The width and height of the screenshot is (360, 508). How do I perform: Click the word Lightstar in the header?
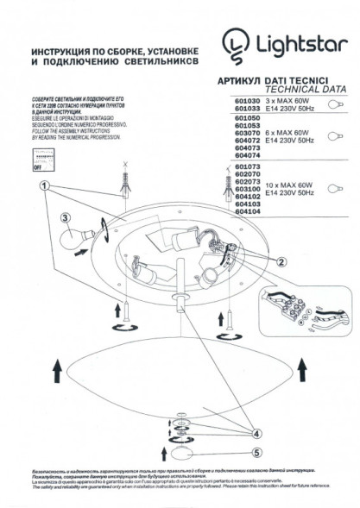[x=294, y=42]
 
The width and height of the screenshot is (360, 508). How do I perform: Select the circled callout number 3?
[x=65, y=219]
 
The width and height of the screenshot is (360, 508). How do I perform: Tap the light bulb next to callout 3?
[x=87, y=230]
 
